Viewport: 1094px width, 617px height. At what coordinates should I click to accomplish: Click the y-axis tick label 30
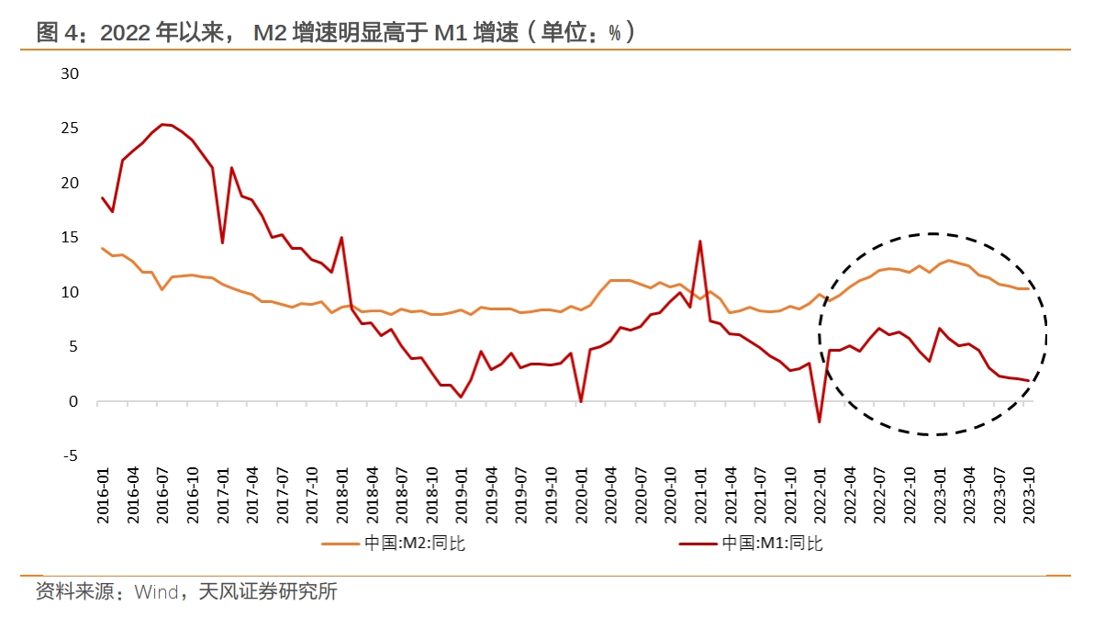(70, 73)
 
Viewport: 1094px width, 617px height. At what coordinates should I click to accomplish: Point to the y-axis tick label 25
(70, 128)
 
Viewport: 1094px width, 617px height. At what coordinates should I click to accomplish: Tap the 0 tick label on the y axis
(75, 401)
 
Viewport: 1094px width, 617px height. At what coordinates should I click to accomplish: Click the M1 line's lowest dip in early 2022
(820, 422)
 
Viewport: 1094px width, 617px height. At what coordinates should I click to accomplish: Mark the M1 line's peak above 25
(162, 124)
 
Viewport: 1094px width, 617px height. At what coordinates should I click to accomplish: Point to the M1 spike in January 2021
(699, 241)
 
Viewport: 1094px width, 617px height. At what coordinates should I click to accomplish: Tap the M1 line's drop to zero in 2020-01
(580, 401)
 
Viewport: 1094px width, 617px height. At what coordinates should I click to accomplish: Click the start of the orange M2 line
(102, 248)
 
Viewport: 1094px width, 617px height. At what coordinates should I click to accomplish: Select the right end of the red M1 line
(1029, 381)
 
